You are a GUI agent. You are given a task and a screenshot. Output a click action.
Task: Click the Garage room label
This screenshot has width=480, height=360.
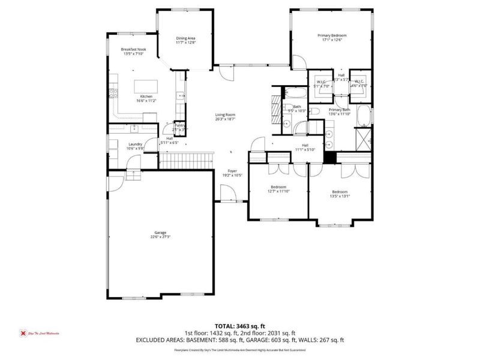click(x=159, y=233)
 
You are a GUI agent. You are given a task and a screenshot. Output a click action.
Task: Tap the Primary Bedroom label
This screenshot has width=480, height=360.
click(x=332, y=35)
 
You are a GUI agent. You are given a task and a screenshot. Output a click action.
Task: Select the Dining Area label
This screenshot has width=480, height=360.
click(x=185, y=38)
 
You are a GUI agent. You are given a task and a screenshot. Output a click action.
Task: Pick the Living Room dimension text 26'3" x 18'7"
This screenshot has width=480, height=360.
click(x=226, y=119)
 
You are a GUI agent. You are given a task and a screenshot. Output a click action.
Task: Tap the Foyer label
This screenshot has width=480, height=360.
click(x=232, y=171)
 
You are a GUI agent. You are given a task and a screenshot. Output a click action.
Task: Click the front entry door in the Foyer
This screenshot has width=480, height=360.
click(x=227, y=194)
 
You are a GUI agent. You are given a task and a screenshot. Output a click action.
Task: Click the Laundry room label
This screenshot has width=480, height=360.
click(x=135, y=144)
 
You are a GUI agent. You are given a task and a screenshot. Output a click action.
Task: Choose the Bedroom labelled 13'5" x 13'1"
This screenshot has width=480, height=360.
click(x=339, y=192)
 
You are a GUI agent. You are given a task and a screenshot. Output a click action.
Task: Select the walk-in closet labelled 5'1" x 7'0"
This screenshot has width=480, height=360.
click(x=321, y=83)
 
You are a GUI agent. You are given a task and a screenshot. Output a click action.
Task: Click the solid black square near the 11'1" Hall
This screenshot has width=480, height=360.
click(x=329, y=156)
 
